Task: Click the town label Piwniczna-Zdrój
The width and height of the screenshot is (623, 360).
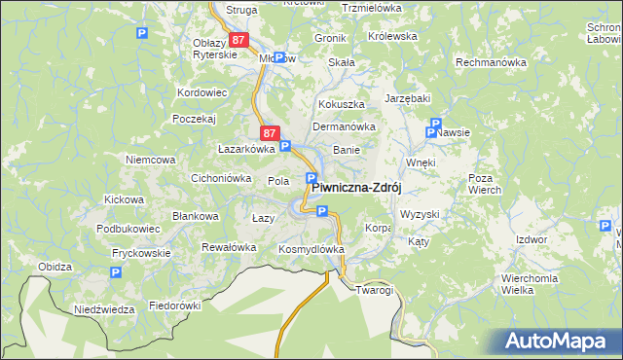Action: [356, 188]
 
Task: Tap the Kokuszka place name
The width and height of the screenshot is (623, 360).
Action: [340, 103]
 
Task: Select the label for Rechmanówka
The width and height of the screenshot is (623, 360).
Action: [491, 62]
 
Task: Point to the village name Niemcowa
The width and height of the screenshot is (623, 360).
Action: [150, 159]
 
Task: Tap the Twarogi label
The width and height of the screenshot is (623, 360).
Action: [374, 290]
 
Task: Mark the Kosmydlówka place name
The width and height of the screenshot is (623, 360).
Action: [311, 249]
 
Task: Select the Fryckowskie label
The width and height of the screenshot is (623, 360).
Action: [140, 253]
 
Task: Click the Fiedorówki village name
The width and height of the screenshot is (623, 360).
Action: [174, 306]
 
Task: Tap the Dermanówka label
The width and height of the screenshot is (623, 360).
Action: [344, 126]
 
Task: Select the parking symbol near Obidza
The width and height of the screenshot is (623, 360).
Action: [115, 273]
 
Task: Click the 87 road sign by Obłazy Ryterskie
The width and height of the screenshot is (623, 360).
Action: [240, 40]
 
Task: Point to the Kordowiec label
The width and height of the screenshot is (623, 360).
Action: [202, 92]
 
